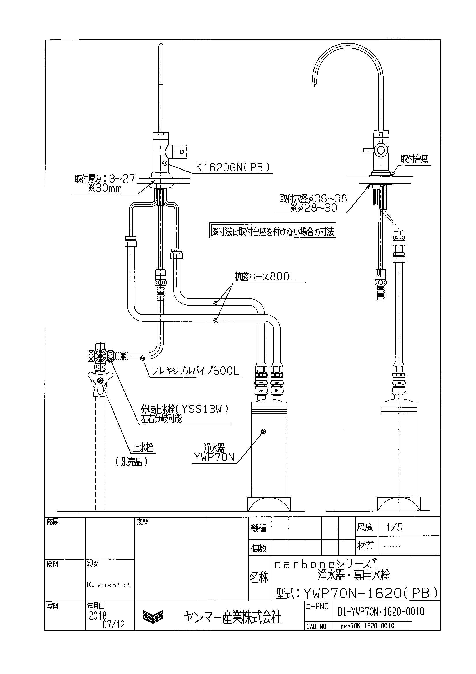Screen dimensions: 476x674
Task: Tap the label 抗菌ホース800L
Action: (265, 277)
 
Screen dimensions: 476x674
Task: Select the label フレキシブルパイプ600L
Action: (195, 372)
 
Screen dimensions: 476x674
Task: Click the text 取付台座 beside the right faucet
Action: (414, 159)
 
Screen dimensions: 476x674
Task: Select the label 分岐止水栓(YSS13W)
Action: (184, 409)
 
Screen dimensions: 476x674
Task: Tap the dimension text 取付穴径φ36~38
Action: (313, 199)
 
